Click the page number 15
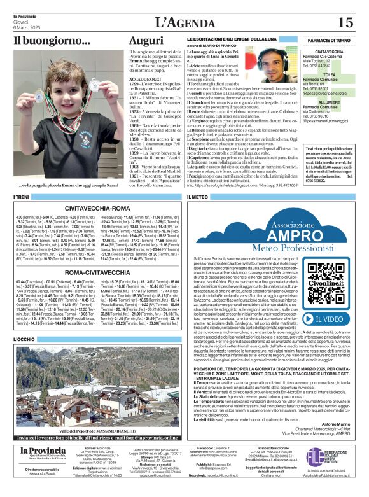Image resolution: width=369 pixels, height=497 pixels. [345, 22]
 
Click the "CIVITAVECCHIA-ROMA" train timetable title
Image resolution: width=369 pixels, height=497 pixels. [98, 208]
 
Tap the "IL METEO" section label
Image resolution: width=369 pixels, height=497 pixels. [198, 198]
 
